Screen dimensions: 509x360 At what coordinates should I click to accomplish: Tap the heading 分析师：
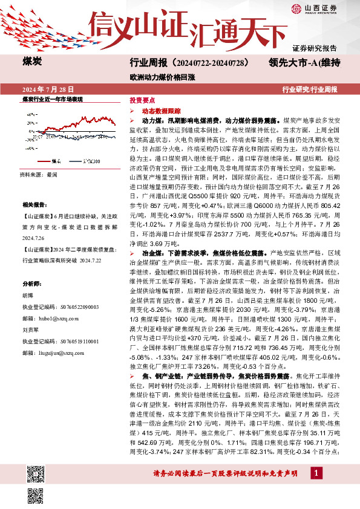point(32,284)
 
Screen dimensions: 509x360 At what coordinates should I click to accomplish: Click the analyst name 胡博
point(28,296)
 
